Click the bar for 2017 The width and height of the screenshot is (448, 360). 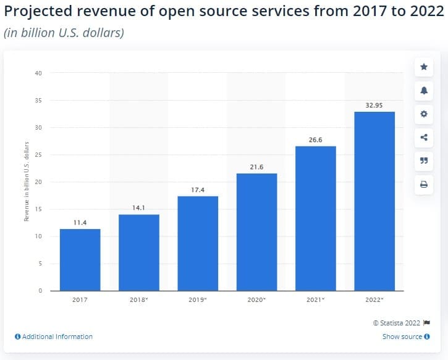pyautogui.click(x=80, y=259)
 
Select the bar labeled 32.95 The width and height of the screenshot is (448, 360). pyautogui.click(x=374, y=201)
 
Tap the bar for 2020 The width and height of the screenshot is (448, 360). pyautogui.click(x=256, y=232)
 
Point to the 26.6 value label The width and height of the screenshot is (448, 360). pyautogui.click(x=315, y=140)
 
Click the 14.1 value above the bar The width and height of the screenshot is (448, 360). pyautogui.click(x=138, y=208)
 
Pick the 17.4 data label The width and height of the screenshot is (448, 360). pyautogui.click(x=197, y=190)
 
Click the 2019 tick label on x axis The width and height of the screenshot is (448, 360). pyautogui.click(x=198, y=299)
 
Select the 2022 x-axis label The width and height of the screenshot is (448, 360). pyautogui.click(x=374, y=299)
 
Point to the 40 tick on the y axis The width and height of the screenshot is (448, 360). pyautogui.click(x=38, y=73)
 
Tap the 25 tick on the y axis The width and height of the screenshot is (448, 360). pyautogui.click(x=38, y=155)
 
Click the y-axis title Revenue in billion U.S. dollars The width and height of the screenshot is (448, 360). pyautogui.click(x=27, y=182)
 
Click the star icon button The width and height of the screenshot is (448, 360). pyautogui.click(x=423, y=67)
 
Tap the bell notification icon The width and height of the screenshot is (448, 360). pyautogui.click(x=423, y=90)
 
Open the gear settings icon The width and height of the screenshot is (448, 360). pyautogui.click(x=423, y=114)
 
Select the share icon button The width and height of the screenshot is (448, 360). pyautogui.click(x=423, y=137)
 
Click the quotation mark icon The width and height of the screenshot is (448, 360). pyautogui.click(x=423, y=161)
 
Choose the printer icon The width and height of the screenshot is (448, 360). pyautogui.click(x=423, y=184)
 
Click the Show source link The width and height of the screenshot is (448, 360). pyautogui.click(x=402, y=337)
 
